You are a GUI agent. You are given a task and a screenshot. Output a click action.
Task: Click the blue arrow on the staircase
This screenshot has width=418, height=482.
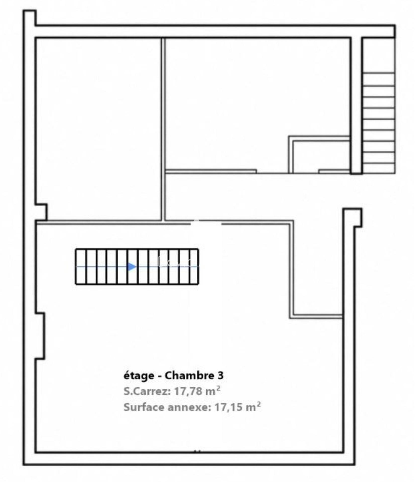click(132, 266)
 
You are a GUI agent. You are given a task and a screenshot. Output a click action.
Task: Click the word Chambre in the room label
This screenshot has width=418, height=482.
click(191, 376)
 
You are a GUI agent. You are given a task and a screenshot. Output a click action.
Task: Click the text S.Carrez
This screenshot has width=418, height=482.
click(147, 391)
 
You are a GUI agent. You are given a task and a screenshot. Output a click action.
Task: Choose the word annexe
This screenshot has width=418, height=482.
click(189, 407)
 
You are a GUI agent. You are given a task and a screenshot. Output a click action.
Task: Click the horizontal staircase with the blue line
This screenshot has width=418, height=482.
click(137, 266)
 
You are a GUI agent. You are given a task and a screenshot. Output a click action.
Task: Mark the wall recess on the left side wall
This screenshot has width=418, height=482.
click(40, 336)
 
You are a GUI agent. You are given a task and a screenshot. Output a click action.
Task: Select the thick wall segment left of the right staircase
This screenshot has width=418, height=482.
click(356, 105)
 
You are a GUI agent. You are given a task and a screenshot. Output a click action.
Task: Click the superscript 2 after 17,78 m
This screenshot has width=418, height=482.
click(218, 388)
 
